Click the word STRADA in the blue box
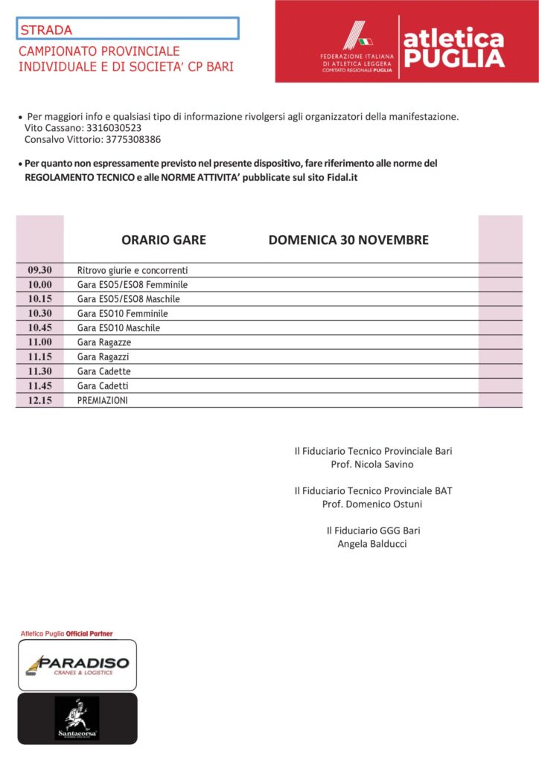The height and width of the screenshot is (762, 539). (x=46, y=31)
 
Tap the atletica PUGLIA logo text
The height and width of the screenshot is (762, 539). (x=453, y=48)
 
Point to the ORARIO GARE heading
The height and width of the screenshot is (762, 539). (x=164, y=240)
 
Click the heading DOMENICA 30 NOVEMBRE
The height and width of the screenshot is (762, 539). (x=348, y=240)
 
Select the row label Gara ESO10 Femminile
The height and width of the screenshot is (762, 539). (x=123, y=313)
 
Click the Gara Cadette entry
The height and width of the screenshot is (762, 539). (x=104, y=371)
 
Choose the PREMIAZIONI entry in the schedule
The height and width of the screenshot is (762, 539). (x=103, y=400)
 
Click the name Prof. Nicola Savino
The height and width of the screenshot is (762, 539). (x=372, y=464)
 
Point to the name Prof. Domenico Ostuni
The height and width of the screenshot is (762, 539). (x=372, y=504)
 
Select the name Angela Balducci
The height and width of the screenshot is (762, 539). (x=372, y=544)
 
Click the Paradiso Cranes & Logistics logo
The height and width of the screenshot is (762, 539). (x=77, y=665)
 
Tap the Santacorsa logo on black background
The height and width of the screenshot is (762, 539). (x=77, y=719)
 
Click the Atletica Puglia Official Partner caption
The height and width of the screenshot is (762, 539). (x=66, y=633)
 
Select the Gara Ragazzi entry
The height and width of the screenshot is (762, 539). (x=103, y=357)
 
